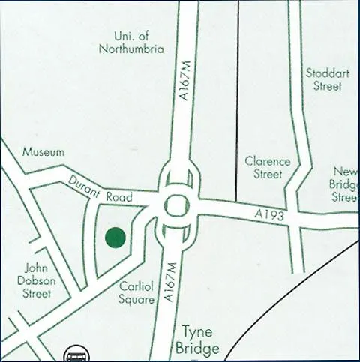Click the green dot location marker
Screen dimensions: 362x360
tap(115, 238)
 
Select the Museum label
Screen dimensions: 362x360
tap(43, 151)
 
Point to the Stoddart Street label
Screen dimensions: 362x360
tap(324, 79)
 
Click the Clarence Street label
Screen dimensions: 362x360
tap(267, 168)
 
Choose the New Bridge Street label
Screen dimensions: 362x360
tap(345, 184)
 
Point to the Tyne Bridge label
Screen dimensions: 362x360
tap(197, 340)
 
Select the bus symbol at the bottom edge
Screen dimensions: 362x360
tap(75, 355)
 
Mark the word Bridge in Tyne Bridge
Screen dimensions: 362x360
tap(197, 349)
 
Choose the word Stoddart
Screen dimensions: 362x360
tap(324, 73)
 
